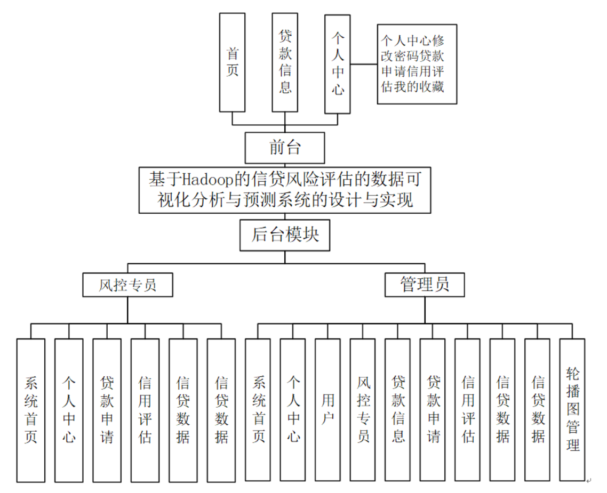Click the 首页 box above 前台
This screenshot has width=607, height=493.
pos(232,62)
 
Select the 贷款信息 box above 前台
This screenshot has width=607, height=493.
pos(285,62)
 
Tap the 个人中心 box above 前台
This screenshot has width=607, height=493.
pos(338,63)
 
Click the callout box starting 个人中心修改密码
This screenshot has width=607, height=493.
pos(417,63)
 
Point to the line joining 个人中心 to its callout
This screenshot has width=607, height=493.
pos(364,64)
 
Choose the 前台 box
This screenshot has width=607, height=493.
pos(285,148)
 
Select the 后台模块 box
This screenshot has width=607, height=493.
pos(285,235)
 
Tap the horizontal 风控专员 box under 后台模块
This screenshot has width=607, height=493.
pos(127,285)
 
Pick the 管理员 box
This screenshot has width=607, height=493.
pos(425,285)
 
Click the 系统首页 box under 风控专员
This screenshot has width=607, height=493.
pos(30,410)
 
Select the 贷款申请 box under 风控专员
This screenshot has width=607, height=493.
pos(107,410)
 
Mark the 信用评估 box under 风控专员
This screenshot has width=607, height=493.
pos(145,410)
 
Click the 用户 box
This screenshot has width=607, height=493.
pos(328,410)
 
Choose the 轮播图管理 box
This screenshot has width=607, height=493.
pos(572,410)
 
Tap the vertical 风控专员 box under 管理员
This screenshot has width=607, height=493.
pos(363,410)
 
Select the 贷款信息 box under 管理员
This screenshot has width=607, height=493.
pos(397,410)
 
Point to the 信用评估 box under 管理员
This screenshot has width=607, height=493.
pos(467,410)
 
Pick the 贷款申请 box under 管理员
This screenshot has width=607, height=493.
pos(433,410)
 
